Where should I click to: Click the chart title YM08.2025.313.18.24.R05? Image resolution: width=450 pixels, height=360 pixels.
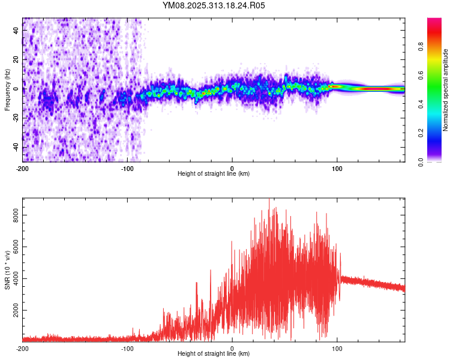214,5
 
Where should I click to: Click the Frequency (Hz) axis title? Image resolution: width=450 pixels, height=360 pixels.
7,89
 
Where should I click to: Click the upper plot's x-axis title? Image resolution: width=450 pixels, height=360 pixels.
214,174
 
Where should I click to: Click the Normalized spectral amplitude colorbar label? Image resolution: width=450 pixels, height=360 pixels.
445,90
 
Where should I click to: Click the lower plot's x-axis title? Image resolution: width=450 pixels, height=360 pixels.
214,354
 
